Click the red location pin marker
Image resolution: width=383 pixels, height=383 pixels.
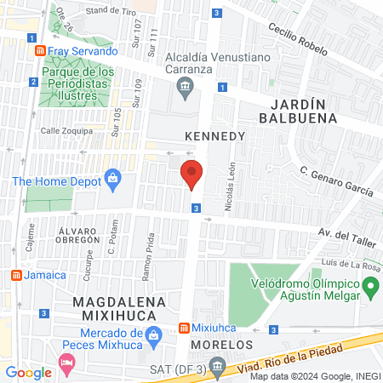point(192,174)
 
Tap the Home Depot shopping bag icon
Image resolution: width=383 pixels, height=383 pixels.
point(112,178)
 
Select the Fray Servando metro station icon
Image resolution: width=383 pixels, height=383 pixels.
point(39,51)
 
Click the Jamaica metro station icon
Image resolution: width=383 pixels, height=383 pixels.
point(15,275)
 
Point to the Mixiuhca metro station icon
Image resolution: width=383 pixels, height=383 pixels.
point(184,329)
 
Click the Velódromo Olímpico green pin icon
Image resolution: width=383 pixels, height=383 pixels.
point(369,289)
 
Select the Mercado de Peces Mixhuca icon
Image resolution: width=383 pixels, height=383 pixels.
point(153,334)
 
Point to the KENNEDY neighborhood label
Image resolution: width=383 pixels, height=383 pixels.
point(214,136)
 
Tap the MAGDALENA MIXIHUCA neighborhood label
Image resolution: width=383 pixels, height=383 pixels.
point(117,309)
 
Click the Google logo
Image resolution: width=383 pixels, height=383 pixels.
point(28,372)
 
